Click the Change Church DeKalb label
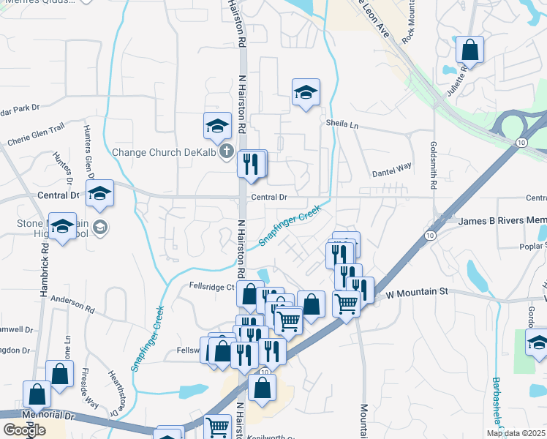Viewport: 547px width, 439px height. click(165, 153)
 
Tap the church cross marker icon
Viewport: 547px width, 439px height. click(227, 153)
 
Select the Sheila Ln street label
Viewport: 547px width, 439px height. click(343, 125)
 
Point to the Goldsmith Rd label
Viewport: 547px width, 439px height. click(434, 165)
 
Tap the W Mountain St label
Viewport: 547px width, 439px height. click(416, 293)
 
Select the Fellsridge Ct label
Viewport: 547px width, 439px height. click(211, 287)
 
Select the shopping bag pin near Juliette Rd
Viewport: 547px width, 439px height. click(470, 50)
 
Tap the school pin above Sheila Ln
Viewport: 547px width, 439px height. click(306, 92)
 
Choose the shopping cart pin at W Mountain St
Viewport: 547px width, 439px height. click(346, 303)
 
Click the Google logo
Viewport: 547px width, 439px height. click(24, 430)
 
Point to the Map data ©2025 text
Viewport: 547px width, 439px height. click(516, 433)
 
